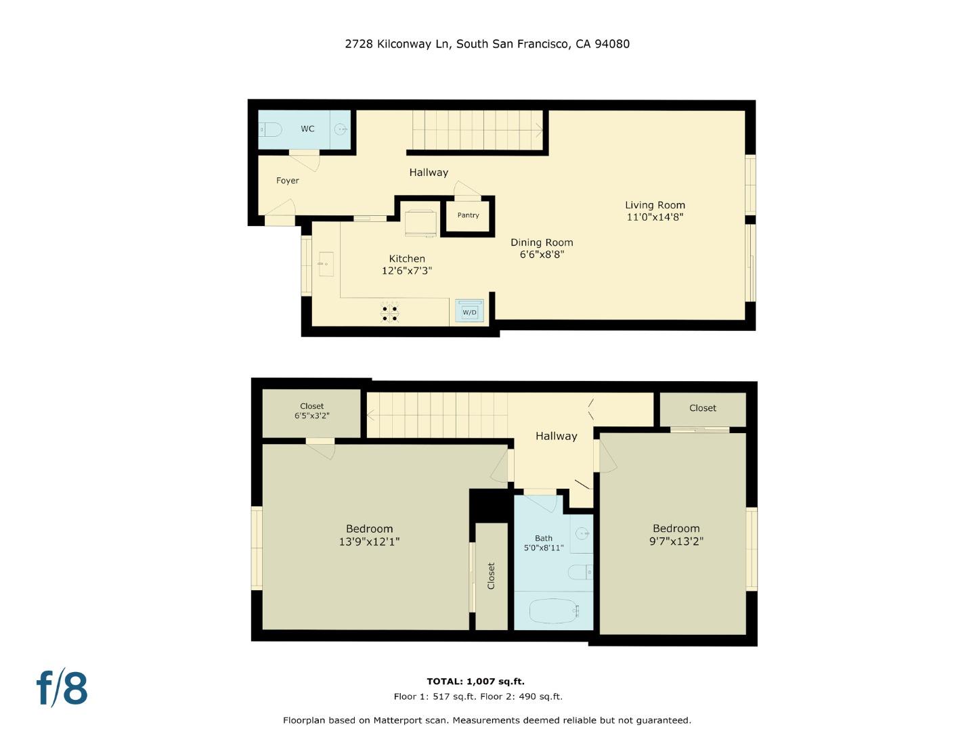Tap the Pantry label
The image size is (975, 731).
coord(468,215)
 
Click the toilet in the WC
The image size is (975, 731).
coord(271,129)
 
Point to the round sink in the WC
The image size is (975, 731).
coord(341,129)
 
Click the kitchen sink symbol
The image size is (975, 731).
coord(326,264)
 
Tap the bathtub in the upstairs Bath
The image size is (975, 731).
coord(554,611)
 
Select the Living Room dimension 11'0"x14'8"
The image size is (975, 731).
coord(655,217)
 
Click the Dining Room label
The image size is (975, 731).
coord(542,242)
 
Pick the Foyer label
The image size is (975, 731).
coord(288,181)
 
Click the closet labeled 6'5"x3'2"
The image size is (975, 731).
coord(311,412)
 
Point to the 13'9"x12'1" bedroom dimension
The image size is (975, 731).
coord(369,541)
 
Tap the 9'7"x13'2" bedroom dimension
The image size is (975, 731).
coord(676,541)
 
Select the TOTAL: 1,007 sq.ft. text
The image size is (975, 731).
coord(475,682)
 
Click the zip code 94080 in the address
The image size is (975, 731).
coord(612,44)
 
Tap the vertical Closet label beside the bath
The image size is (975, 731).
coord(492,575)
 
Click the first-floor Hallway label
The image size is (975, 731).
coord(429,173)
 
